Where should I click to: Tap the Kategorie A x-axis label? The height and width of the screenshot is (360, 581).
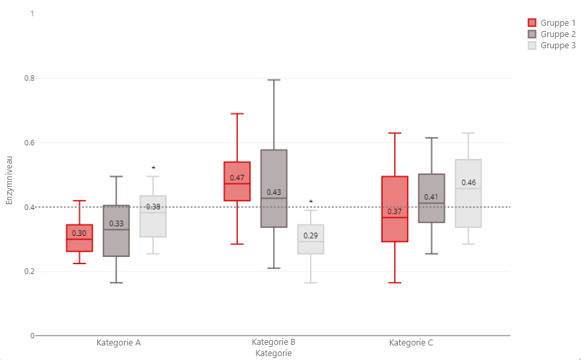118,343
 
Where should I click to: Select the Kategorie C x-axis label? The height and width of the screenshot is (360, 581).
411,343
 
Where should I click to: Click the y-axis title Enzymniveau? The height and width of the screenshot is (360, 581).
9,180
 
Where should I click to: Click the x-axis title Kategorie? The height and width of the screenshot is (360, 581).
273,353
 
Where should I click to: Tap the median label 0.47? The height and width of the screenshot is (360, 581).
237,178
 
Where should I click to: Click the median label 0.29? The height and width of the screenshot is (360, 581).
311,236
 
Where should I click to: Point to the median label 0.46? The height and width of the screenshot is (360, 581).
469,182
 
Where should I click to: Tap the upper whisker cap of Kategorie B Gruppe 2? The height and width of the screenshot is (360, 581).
274,80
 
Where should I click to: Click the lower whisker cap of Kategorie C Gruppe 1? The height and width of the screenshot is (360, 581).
395,283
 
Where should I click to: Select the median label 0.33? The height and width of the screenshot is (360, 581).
116,224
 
